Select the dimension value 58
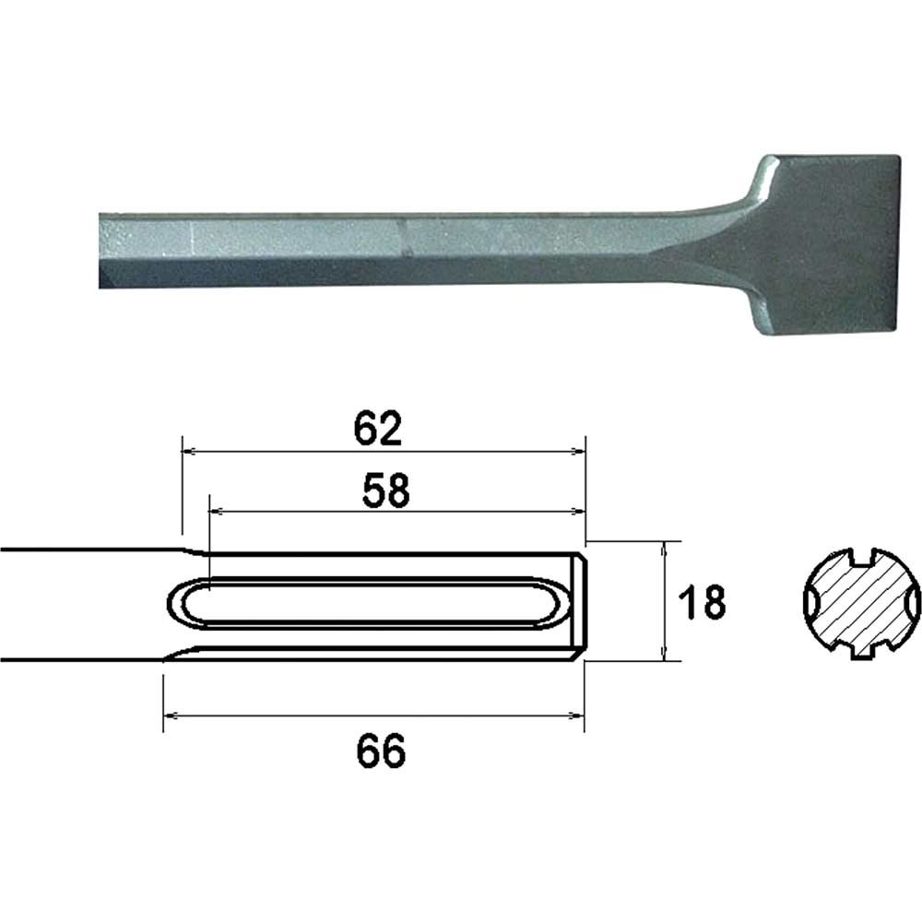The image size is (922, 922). click(x=386, y=491)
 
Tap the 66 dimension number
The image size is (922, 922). click(x=382, y=753)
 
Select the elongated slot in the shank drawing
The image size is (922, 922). click(x=369, y=604)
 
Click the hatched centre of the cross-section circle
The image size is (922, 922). click(x=862, y=605)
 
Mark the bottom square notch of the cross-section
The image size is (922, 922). click(x=862, y=653)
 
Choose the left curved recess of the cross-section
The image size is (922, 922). click(x=811, y=605)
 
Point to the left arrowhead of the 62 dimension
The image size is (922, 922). click(x=188, y=452)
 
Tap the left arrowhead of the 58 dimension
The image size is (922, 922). click(x=216, y=509)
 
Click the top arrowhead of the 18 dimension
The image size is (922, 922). click(x=664, y=547)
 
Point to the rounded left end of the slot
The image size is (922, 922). click(x=177, y=604)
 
